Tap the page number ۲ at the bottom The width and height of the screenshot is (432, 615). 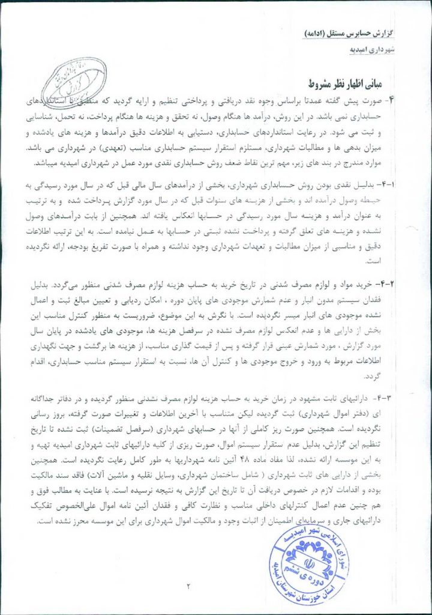[188, 586]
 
